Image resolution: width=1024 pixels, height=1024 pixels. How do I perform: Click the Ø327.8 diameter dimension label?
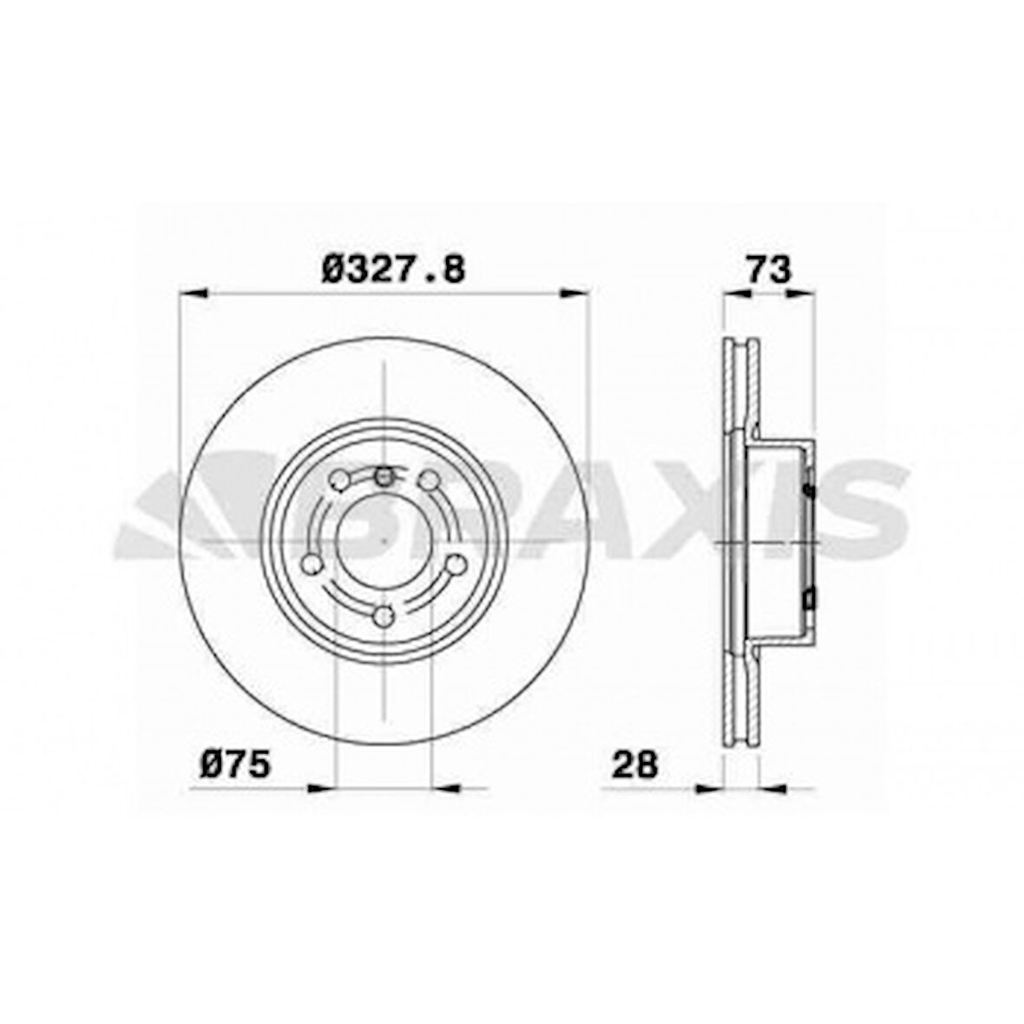pos(392,269)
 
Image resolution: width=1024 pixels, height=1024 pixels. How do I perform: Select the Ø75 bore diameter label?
pos(236,764)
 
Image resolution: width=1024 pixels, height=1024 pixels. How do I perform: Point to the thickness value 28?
pos(635,764)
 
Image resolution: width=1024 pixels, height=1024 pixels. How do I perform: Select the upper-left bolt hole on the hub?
pos(341,480)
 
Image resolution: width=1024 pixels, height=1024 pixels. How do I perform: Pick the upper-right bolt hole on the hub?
pos(428,480)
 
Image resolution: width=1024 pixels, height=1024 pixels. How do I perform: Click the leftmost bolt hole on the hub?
pos(312,565)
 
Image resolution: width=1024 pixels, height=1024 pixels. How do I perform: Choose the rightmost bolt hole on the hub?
pos(454,565)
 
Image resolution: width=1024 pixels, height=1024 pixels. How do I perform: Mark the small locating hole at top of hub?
pos(384,475)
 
